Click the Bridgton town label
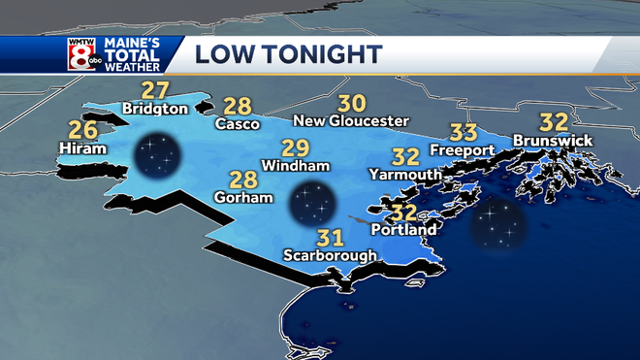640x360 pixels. pos(155,110)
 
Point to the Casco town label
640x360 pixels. pos(237,124)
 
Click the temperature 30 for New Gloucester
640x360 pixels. pos(352,102)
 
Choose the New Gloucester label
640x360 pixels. pos(352,120)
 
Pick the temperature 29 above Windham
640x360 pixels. pos(295,148)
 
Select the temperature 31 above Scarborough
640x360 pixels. pos(331,237)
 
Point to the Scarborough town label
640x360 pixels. pos(330,255)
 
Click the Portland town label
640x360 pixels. pos(406,230)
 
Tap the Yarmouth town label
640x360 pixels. pos(405,174)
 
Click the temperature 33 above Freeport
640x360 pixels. pos(464,133)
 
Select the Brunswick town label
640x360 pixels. pos(553,141)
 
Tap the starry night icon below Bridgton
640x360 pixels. pos(158,155)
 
